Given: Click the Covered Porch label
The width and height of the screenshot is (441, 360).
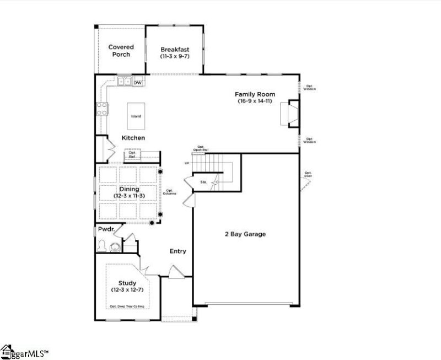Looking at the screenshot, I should tap(121, 51).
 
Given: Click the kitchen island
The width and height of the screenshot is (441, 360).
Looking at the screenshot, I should tap(136, 116).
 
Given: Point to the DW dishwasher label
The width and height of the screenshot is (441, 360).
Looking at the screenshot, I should tap(138, 83).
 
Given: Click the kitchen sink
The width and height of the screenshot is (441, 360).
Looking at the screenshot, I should tap(124, 82).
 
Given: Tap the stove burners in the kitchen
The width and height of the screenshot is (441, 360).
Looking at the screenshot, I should tap(103, 109).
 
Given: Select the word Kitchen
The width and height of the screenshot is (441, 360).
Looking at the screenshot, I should tap(133, 138).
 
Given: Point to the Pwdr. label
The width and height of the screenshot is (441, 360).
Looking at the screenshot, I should tap(105, 229).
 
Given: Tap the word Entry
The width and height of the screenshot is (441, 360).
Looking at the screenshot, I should tap(178, 251).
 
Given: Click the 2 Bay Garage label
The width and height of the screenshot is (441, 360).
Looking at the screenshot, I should tap(245, 234).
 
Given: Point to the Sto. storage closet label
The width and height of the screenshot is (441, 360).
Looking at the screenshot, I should tap(203, 181).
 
